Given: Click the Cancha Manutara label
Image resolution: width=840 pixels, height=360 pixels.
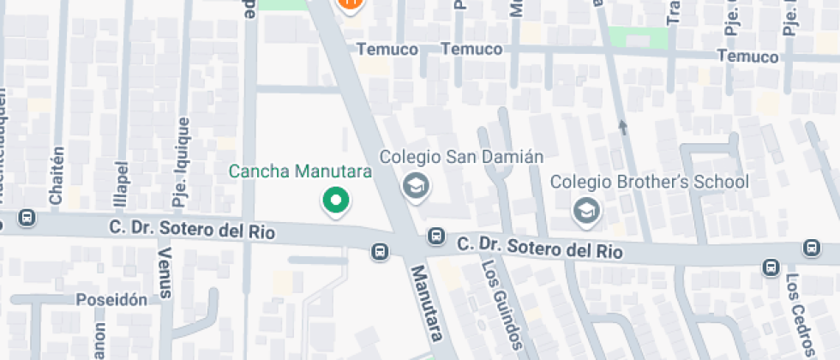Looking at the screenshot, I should click(x=300, y=171).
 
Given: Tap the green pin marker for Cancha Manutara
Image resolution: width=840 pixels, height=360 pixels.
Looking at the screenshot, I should click(x=336, y=201).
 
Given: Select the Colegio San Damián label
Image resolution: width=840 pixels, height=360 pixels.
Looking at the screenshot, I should click(x=462, y=157).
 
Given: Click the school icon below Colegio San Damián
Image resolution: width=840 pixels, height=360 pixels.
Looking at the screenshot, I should click(x=416, y=185).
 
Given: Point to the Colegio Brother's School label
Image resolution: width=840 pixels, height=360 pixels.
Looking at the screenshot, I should click(x=649, y=182).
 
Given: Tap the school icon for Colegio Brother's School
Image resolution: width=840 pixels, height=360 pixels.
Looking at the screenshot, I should click(x=587, y=210).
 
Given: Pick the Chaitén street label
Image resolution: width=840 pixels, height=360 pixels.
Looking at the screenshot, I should click(x=57, y=175).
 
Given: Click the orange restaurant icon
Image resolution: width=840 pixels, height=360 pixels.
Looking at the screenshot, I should click(x=350, y=6).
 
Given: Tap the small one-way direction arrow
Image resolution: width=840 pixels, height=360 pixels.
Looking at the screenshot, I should click(x=622, y=128).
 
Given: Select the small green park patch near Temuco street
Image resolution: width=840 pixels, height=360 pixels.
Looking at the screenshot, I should click(x=639, y=38).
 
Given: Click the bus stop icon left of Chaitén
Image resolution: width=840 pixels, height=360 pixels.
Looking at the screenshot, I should click(x=27, y=218).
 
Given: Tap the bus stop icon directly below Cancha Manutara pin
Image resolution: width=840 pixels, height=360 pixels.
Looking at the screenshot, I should click(x=379, y=251).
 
